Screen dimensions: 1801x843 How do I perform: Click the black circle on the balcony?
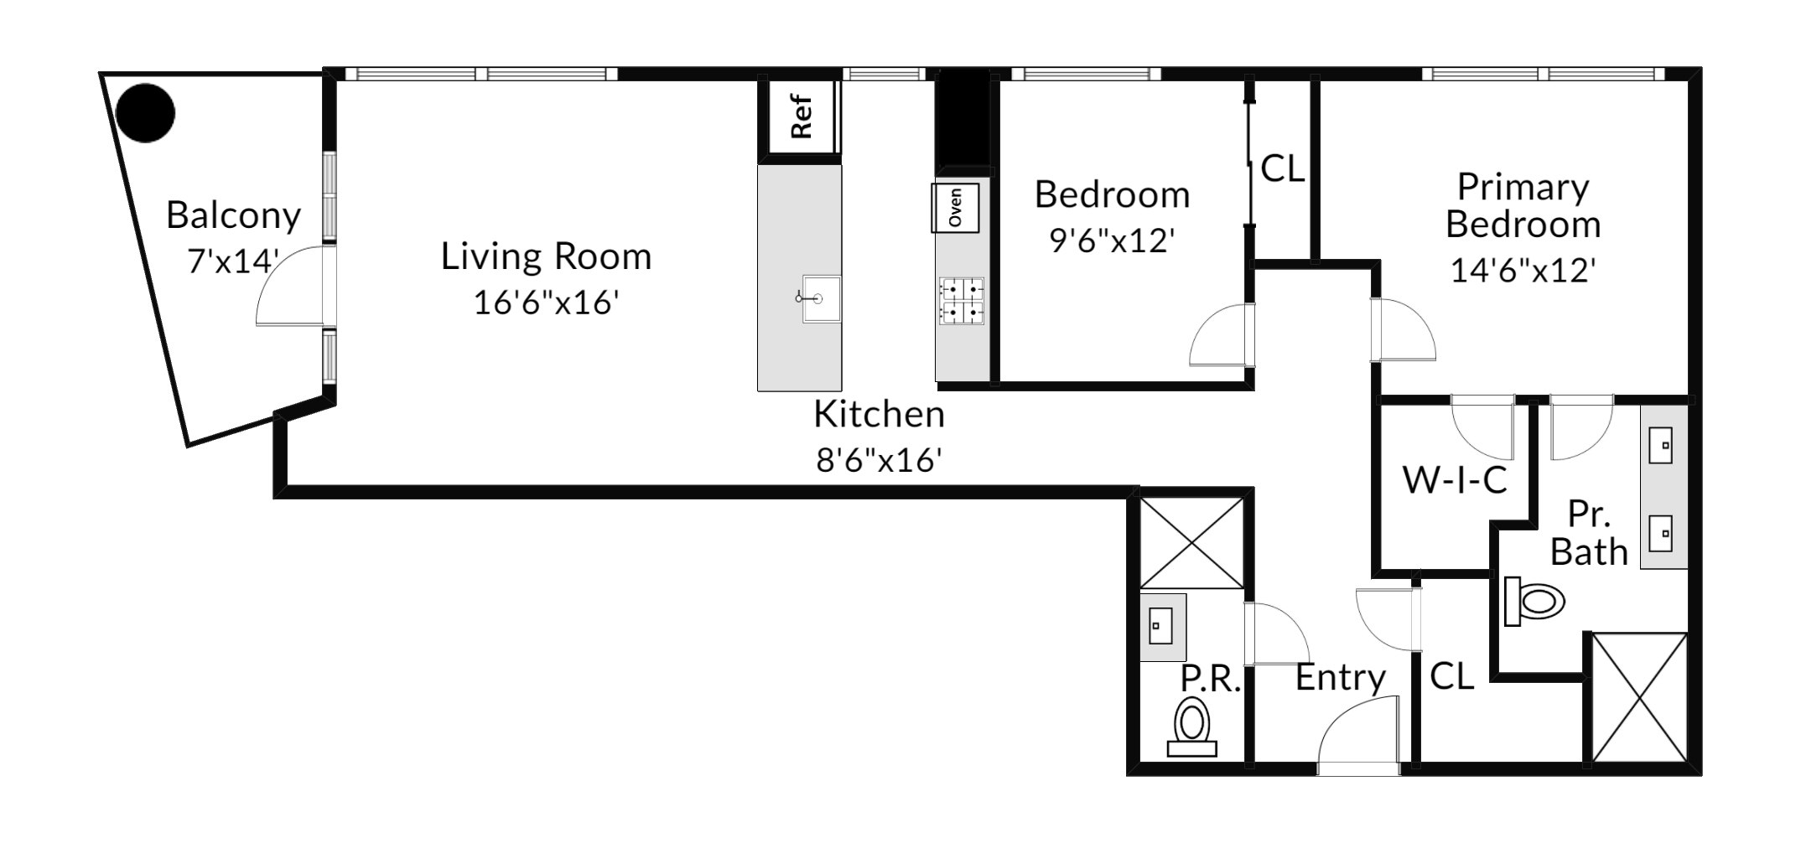point(145,112)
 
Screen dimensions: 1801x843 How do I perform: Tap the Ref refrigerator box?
point(800,117)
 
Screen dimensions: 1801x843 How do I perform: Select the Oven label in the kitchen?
point(955,207)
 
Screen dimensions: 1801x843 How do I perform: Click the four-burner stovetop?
point(962,302)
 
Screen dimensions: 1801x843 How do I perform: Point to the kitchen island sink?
point(820,298)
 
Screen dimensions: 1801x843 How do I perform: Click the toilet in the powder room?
point(1192,729)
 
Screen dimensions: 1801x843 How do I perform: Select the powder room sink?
point(1161,626)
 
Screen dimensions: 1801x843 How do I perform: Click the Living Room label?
point(546,256)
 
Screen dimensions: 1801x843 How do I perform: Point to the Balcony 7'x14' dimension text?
point(233,261)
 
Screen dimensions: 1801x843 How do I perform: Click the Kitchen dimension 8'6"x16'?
point(879,459)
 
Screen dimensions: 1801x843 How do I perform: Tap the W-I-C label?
point(1456,480)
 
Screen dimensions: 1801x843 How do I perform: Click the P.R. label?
point(1210,679)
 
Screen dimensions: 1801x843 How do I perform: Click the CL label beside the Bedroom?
point(1283,169)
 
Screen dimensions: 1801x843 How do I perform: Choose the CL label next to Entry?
point(1451,676)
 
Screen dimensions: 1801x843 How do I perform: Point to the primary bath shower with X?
point(1639,697)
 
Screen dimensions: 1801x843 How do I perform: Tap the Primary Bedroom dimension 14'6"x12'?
point(1523,270)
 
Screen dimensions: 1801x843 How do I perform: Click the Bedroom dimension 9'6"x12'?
point(1112,241)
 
